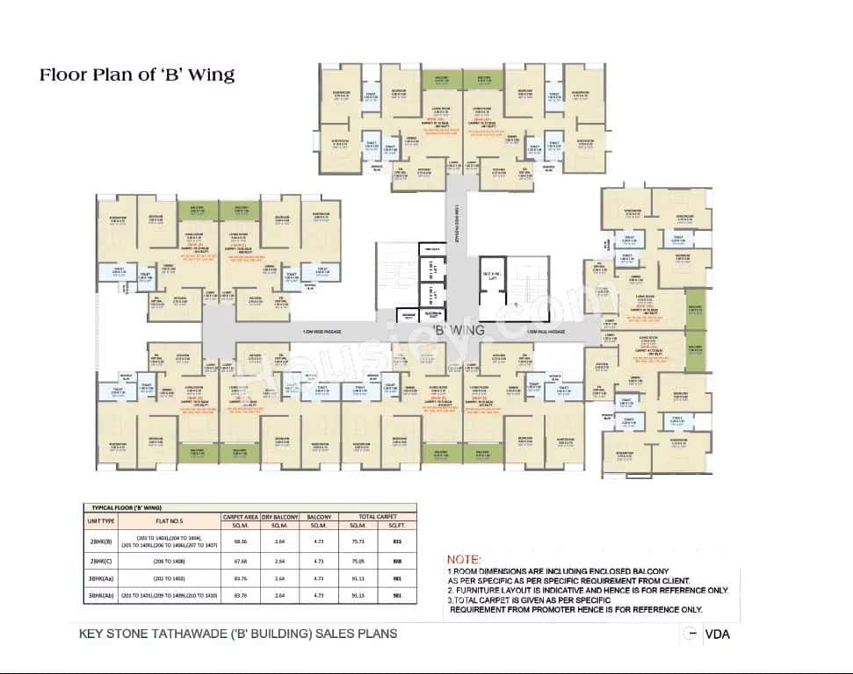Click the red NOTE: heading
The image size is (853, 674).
click(464, 559)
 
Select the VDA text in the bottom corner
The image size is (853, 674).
click(718, 635)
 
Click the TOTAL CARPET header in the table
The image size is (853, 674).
click(378, 517)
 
